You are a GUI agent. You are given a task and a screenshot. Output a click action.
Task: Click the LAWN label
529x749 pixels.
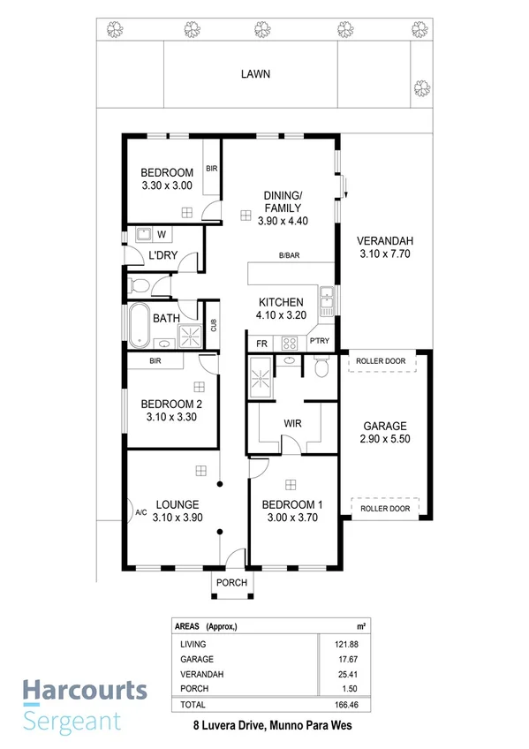click(x=255, y=75)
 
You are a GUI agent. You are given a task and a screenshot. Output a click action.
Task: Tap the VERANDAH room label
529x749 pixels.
click(x=384, y=241)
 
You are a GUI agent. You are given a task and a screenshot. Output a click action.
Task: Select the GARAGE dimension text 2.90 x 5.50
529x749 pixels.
click(x=384, y=438)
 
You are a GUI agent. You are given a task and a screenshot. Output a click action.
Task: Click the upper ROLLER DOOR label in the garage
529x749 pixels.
click(x=382, y=361)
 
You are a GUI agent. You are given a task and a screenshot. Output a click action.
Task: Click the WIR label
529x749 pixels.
click(x=292, y=424)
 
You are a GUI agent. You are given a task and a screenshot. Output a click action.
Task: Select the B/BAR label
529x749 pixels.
click(x=289, y=255)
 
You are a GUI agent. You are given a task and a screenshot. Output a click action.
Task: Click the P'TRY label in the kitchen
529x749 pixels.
click(x=318, y=343)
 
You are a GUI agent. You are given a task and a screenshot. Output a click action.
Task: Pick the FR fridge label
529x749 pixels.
click(x=261, y=343)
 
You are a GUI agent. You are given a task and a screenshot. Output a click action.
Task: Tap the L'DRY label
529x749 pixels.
click(x=162, y=255)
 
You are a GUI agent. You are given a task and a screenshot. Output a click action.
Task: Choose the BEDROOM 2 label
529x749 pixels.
click(x=172, y=405)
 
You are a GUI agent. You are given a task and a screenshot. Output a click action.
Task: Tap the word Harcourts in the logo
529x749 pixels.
click(x=73, y=690)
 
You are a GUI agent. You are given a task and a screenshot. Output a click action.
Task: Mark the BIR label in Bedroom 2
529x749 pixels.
click(x=155, y=361)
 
